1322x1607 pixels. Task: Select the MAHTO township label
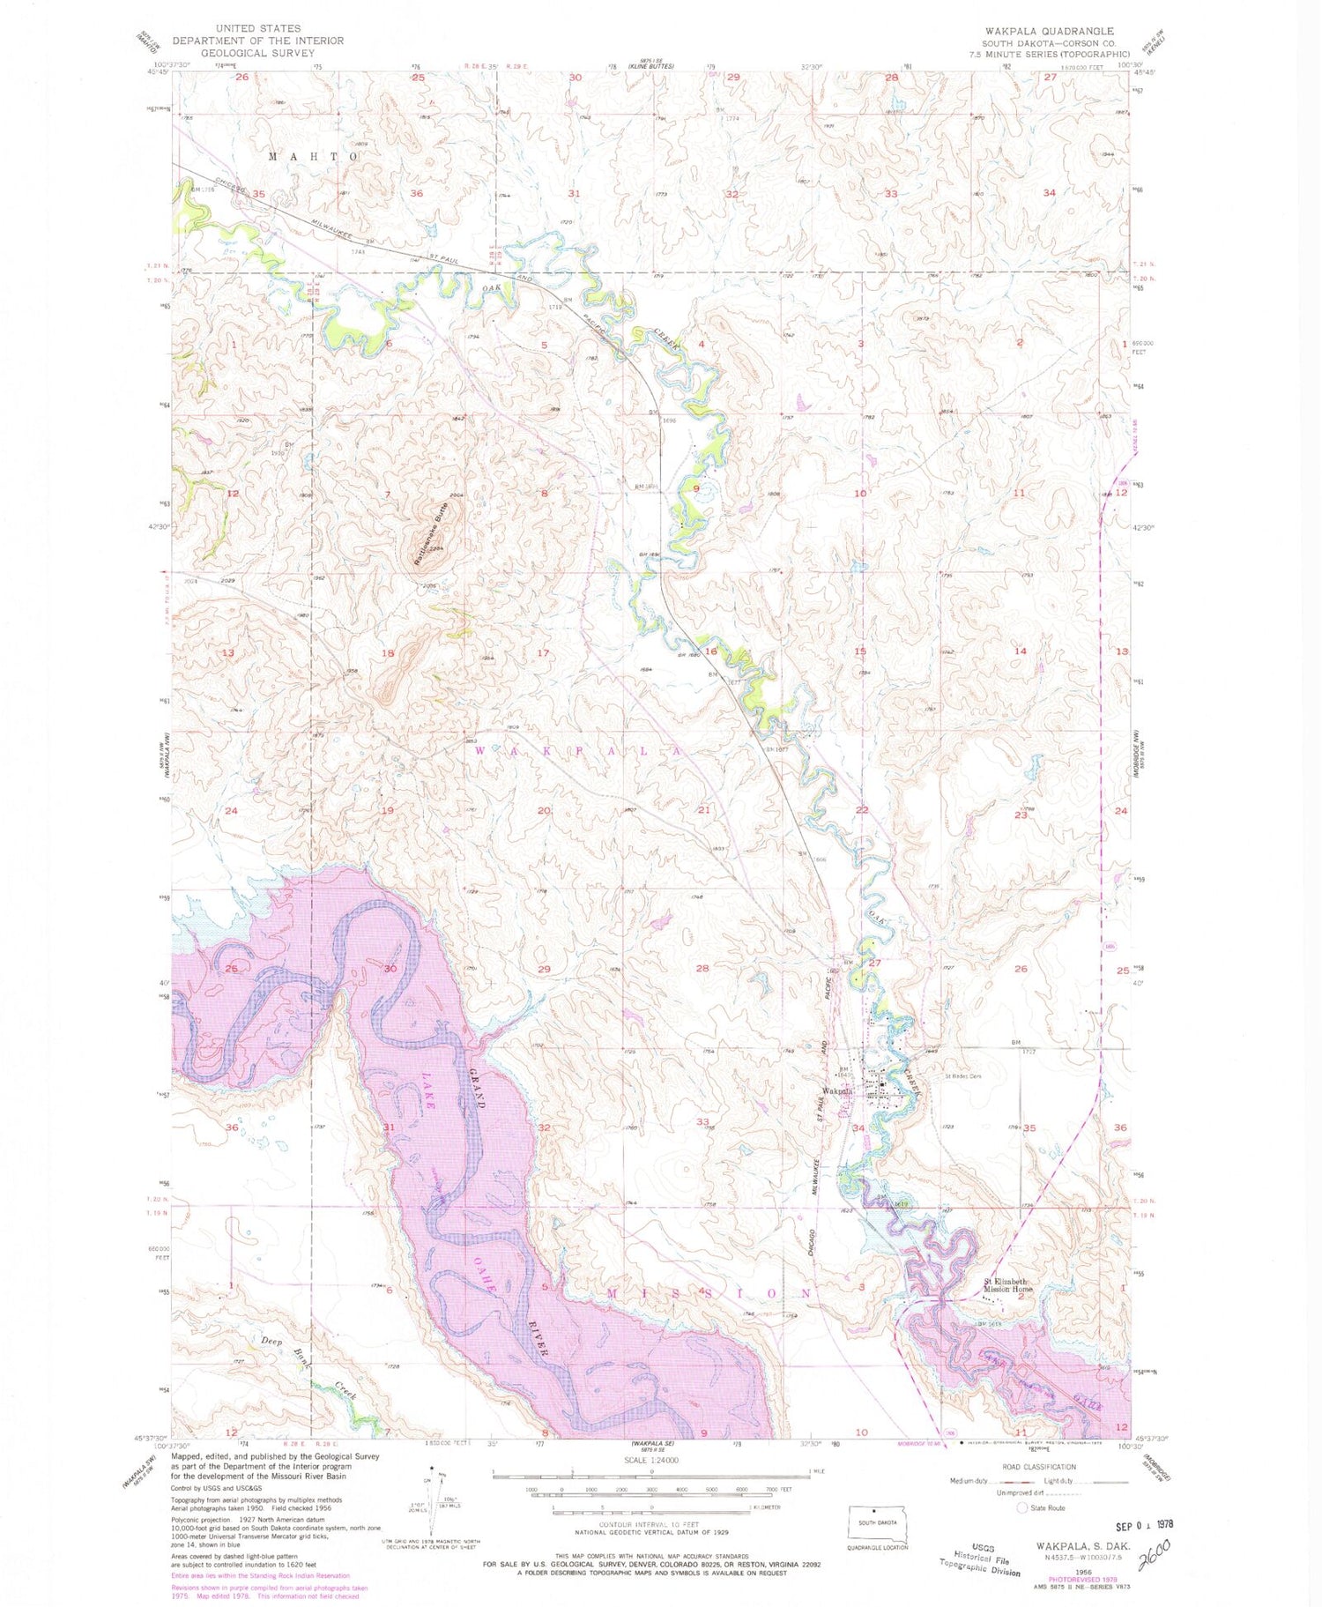[313, 156]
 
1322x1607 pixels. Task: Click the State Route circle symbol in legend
[1022, 1507]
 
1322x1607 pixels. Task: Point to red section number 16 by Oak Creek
[710, 651]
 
